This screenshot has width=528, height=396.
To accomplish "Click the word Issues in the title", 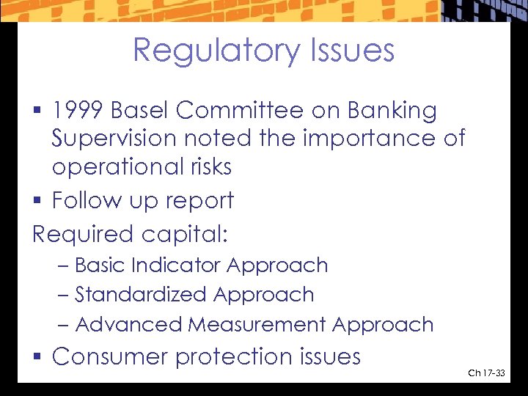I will [x=353, y=51].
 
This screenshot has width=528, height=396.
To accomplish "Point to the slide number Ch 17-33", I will [x=486, y=374].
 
